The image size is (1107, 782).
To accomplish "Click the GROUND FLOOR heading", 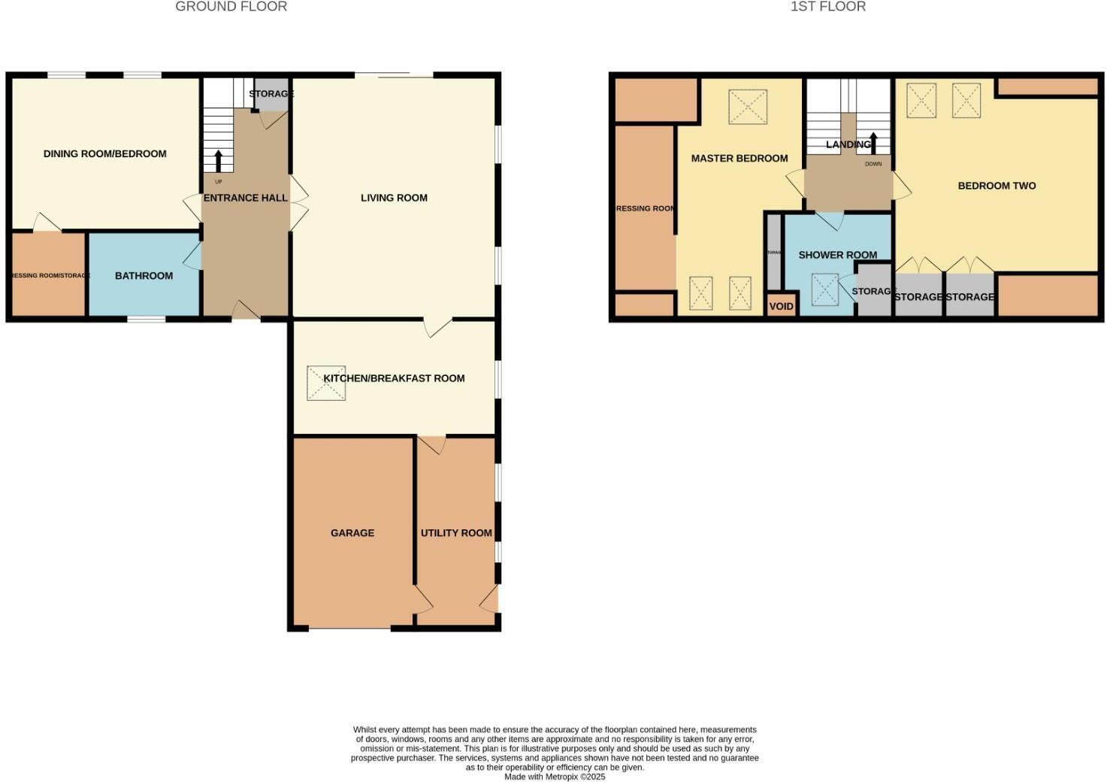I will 231,7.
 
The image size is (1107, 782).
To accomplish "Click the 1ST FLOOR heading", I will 827,7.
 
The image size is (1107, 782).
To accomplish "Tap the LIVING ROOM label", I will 394,198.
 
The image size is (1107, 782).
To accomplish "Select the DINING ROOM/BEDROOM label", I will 104,154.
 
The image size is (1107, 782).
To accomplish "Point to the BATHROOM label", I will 144,276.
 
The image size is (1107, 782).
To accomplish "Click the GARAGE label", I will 352,533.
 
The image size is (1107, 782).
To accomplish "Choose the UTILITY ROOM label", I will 456,533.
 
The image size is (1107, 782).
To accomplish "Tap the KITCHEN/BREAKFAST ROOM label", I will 394,378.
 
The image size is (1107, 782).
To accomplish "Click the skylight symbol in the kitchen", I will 326,383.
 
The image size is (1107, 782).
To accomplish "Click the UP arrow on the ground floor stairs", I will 219,161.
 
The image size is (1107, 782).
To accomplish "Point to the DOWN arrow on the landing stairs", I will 873,143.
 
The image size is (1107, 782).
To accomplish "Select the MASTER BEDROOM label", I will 739,159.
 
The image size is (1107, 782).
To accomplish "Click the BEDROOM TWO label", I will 997,186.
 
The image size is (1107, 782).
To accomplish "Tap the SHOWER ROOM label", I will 837,255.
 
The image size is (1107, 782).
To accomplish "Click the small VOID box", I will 781,306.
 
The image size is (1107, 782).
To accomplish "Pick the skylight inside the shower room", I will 824,289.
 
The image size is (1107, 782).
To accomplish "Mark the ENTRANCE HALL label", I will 245,198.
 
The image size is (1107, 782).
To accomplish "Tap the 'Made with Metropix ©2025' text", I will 554,777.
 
